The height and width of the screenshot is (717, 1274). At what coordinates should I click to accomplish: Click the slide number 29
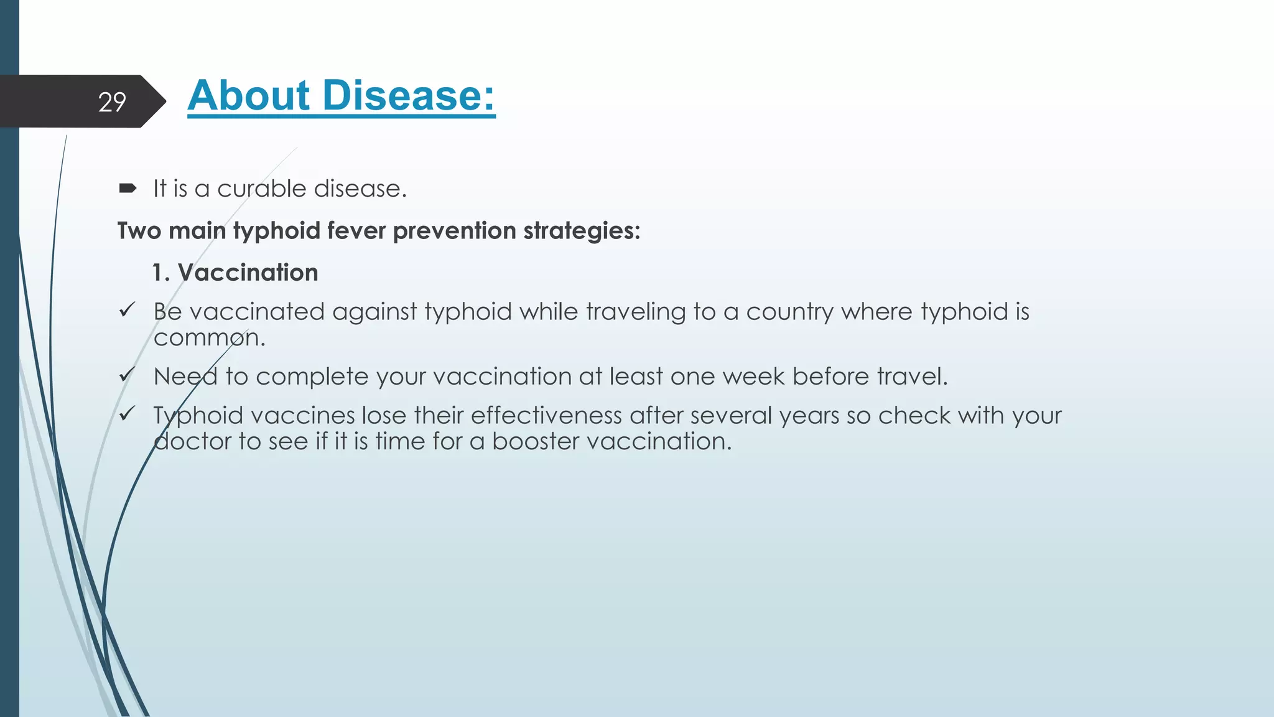point(112,102)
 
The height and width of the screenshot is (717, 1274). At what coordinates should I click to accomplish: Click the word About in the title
point(248,96)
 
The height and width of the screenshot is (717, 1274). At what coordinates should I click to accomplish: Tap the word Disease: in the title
point(408,96)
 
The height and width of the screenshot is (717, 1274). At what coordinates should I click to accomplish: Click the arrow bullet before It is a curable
point(128,188)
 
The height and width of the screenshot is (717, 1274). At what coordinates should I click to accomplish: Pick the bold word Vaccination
point(248,273)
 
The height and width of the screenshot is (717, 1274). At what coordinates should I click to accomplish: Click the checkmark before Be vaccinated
point(127,309)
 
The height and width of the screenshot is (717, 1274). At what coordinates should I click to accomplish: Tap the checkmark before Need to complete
point(127,375)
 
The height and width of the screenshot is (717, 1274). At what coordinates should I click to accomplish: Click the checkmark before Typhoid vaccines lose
point(127,413)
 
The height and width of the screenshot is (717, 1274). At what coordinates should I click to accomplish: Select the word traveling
point(635,312)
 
